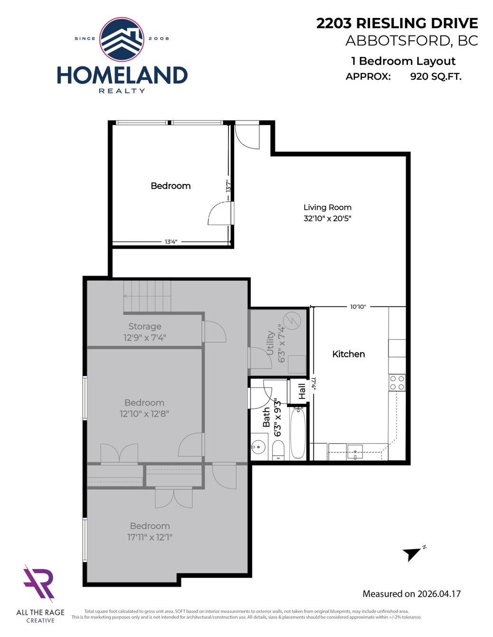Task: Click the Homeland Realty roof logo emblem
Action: (122, 39)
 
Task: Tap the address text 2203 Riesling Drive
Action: (398, 23)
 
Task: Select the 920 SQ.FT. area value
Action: (436, 76)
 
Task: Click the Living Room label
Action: (328, 207)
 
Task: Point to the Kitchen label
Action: (349, 354)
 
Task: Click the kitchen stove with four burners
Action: (397, 383)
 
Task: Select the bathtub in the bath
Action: (298, 434)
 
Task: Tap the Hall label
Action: (302, 391)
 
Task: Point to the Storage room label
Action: (145, 326)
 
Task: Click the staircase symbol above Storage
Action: (147, 296)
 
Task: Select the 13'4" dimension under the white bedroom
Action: (171, 242)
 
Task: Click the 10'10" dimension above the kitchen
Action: (358, 306)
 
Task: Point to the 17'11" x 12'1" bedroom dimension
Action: (150, 537)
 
